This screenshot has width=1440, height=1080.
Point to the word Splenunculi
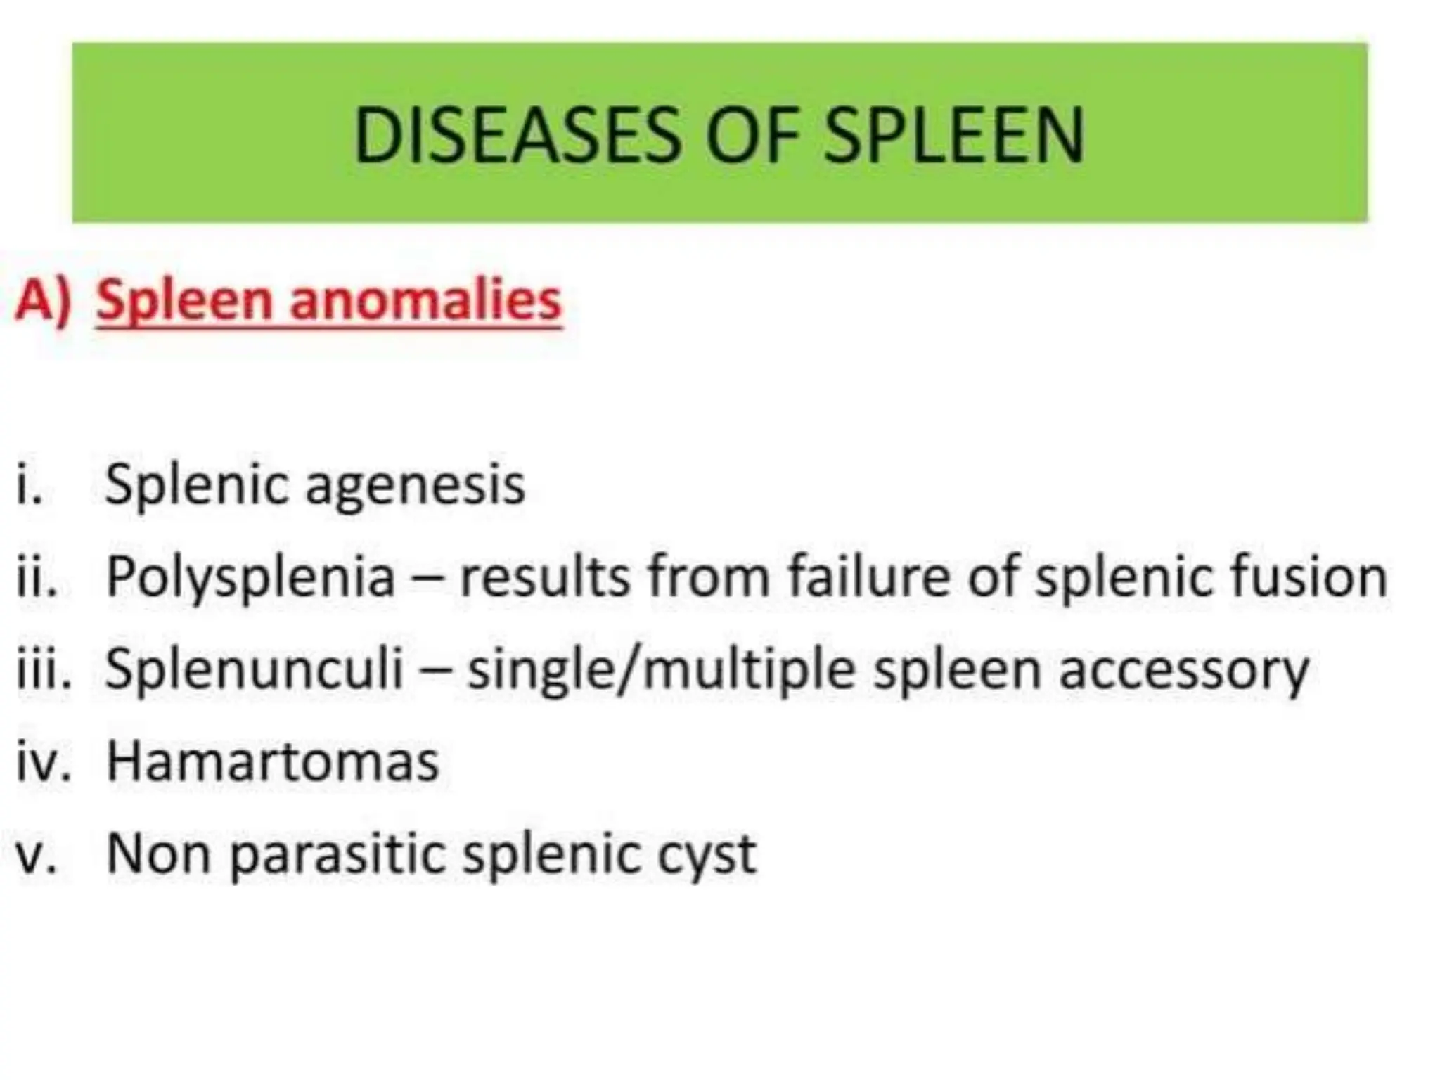pyautogui.click(x=255, y=669)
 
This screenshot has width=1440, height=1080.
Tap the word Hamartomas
pyautogui.click(x=273, y=761)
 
